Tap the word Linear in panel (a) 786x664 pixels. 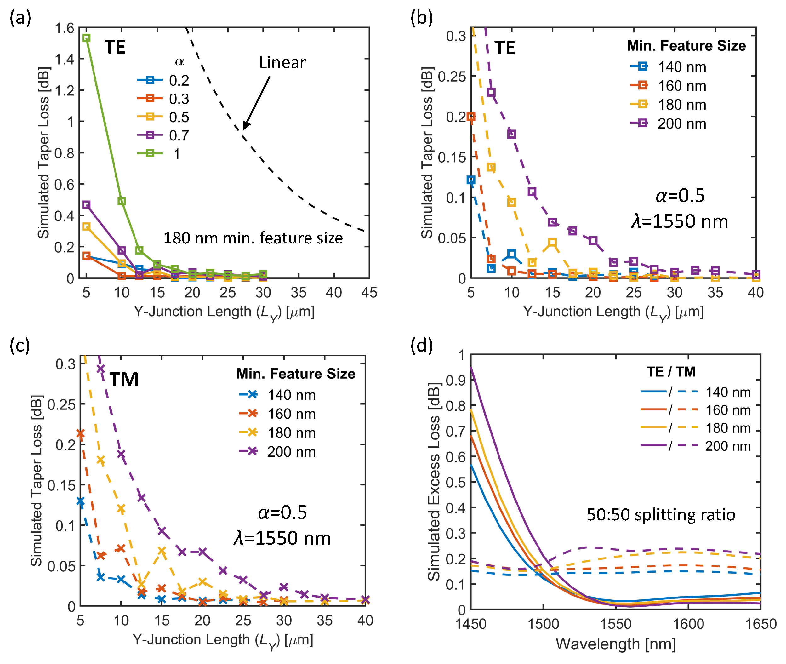pos(282,62)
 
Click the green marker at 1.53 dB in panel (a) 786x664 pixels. pos(86,38)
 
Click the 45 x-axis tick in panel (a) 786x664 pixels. pos(369,293)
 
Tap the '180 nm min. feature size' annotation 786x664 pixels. pos(253,238)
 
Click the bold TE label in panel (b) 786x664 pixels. pos(504,48)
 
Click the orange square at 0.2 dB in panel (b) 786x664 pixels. pos(471,117)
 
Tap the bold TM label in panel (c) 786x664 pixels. pos(124,379)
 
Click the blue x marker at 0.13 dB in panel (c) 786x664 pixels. pos(80,501)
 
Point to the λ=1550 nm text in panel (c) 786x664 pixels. pos(282,538)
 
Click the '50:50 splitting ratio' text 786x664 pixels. pos(661,515)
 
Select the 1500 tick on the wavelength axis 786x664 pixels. pos(543,624)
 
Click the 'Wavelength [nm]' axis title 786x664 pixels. pos(616,644)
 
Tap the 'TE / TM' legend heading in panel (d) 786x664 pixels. pos(671,372)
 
